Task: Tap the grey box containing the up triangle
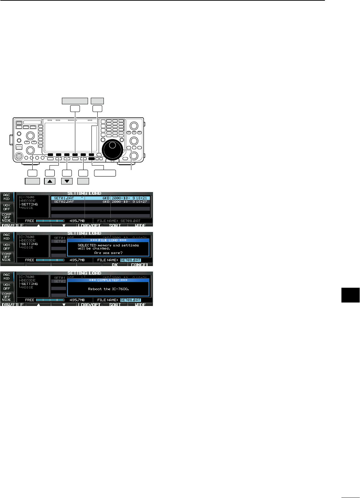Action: pyautogui.click(x=50, y=181)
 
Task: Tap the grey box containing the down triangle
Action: pyautogui.click(x=67, y=181)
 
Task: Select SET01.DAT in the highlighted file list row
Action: pyautogui.click(x=64, y=198)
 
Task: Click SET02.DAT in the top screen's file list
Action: pyautogui.click(x=64, y=202)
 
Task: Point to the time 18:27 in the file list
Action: pyautogui.click(x=142, y=202)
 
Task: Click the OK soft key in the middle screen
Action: pyautogui.click(x=115, y=265)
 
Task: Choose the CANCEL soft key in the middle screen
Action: pyautogui.click(x=140, y=265)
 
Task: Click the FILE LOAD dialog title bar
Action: pyautogui.click(x=108, y=240)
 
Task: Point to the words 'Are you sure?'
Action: pyautogui.click(x=108, y=253)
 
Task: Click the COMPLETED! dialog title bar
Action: pyautogui.click(x=108, y=280)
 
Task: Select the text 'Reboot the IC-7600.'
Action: pyautogui.click(x=108, y=289)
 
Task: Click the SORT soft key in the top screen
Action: pyautogui.click(x=115, y=225)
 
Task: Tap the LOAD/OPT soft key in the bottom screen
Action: pyautogui.click(x=89, y=305)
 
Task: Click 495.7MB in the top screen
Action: pyautogui.click(x=77, y=221)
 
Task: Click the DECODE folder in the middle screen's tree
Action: pyautogui.click(x=28, y=241)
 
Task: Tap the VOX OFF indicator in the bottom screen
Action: pyautogui.click(x=7, y=287)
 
